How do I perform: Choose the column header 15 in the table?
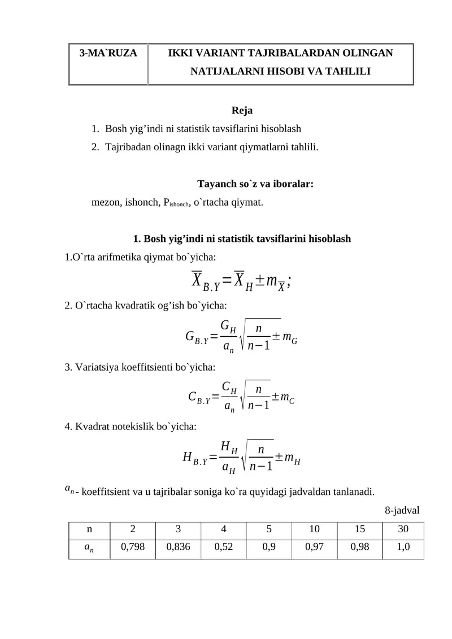pyautogui.click(x=359, y=529)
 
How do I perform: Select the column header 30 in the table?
pyautogui.click(x=403, y=529)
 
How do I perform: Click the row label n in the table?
pyautogui.click(x=89, y=529)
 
